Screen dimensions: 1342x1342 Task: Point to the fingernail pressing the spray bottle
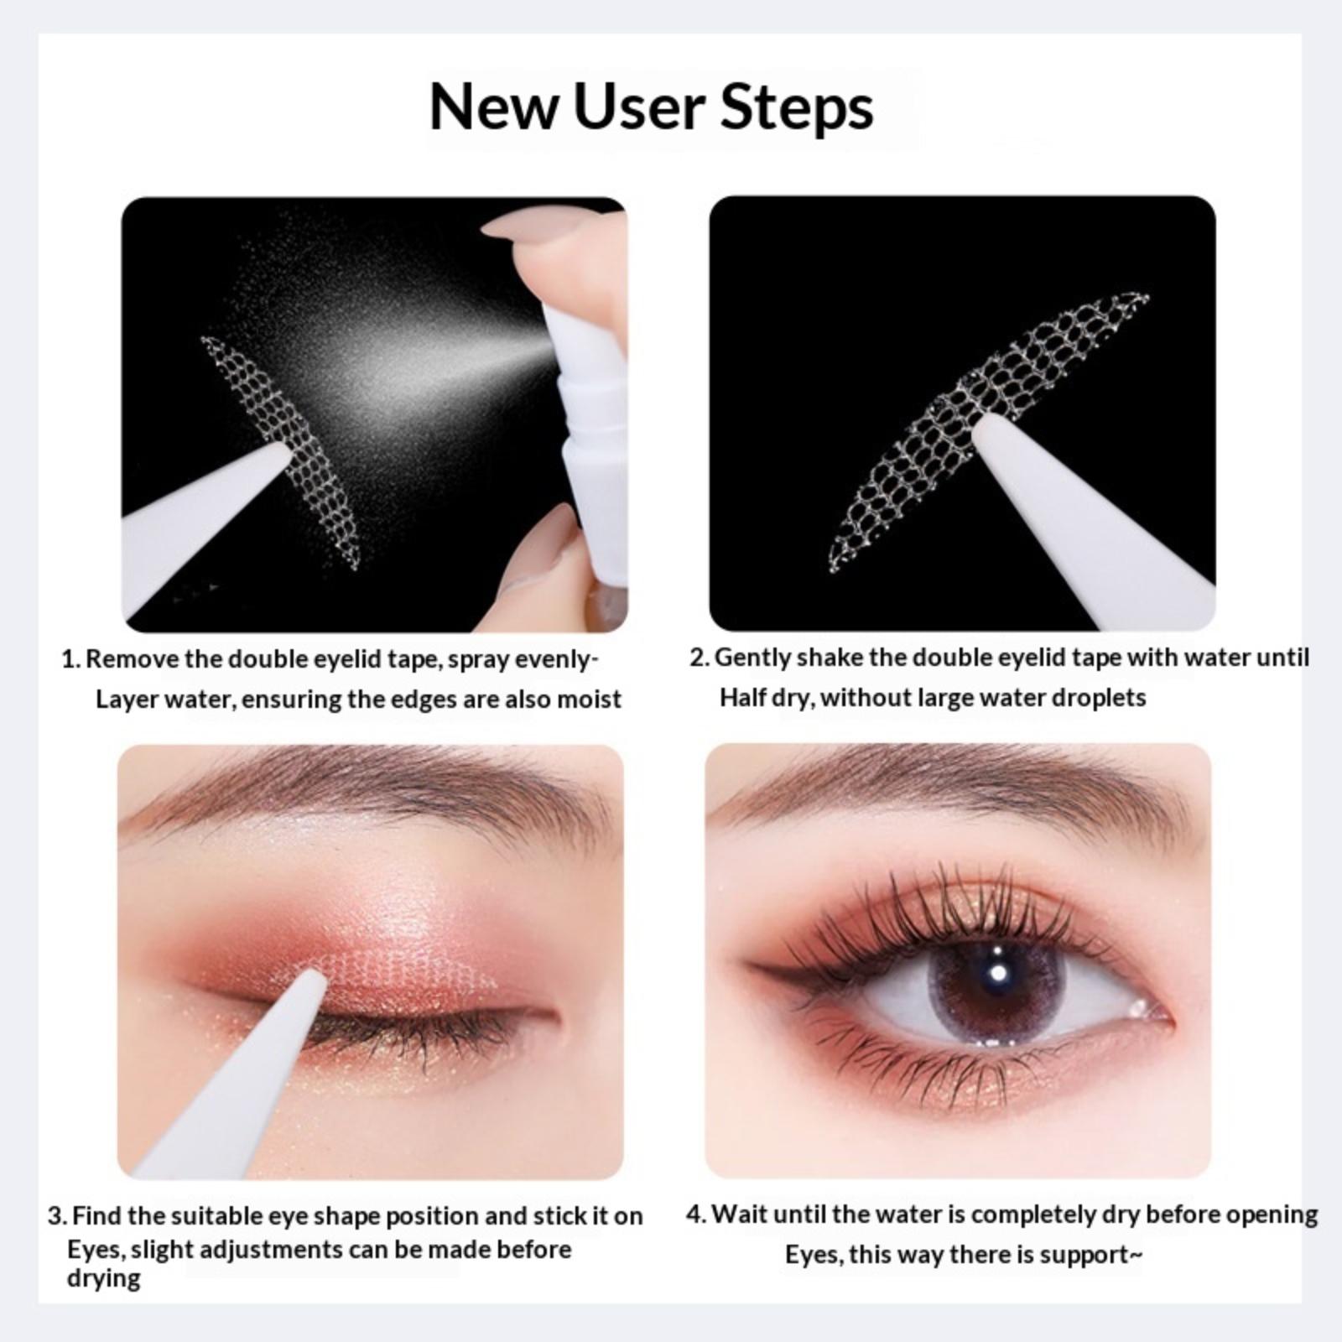point(524,224)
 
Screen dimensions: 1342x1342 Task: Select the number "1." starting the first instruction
point(72,659)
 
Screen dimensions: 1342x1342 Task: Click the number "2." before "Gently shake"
point(700,658)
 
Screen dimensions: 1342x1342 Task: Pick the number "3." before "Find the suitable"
point(57,1216)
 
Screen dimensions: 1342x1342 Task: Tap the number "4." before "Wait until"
point(697,1215)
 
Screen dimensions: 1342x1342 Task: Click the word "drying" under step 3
point(104,1280)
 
